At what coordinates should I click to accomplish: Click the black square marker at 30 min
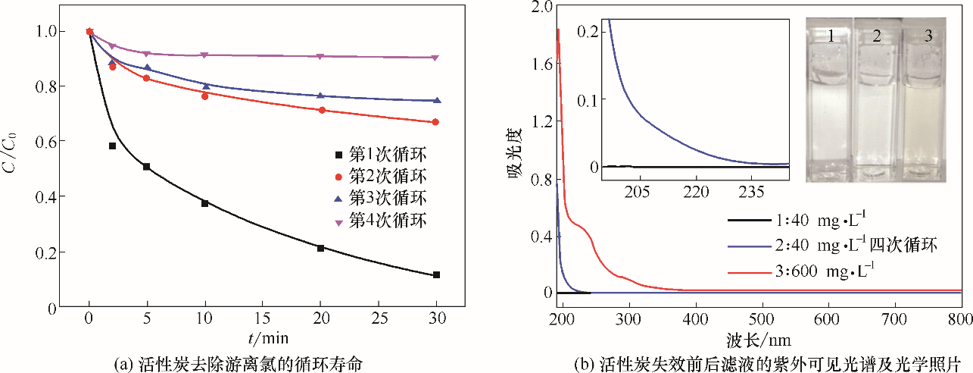tap(437, 274)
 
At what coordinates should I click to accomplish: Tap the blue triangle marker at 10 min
tap(205, 86)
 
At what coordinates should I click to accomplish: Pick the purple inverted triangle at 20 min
tap(321, 57)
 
